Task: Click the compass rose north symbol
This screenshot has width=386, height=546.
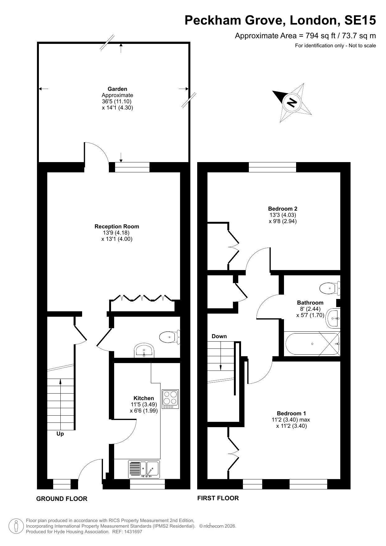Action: (x=292, y=102)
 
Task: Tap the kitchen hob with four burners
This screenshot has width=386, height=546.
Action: (x=170, y=399)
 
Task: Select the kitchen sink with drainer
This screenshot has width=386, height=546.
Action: (x=144, y=469)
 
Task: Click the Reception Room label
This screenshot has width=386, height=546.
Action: (x=117, y=226)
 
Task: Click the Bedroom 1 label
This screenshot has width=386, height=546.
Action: (x=291, y=413)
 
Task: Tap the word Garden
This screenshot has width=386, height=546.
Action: (x=117, y=89)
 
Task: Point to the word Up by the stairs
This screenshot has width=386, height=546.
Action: (x=60, y=434)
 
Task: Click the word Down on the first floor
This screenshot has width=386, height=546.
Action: (x=219, y=336)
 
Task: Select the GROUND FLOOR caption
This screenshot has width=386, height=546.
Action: (x=62, y=499)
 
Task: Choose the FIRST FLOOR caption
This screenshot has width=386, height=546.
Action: (x=218, y=498)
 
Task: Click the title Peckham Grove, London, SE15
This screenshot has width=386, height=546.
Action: (x=280, y=21)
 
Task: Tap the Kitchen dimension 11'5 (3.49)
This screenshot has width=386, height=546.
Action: (x=144, y=404)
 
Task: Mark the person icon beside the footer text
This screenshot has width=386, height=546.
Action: (x=16, y=526)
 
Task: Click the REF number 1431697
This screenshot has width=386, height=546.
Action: (x=133, y=532)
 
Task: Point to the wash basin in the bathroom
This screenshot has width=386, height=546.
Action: (x=333, y=319)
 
